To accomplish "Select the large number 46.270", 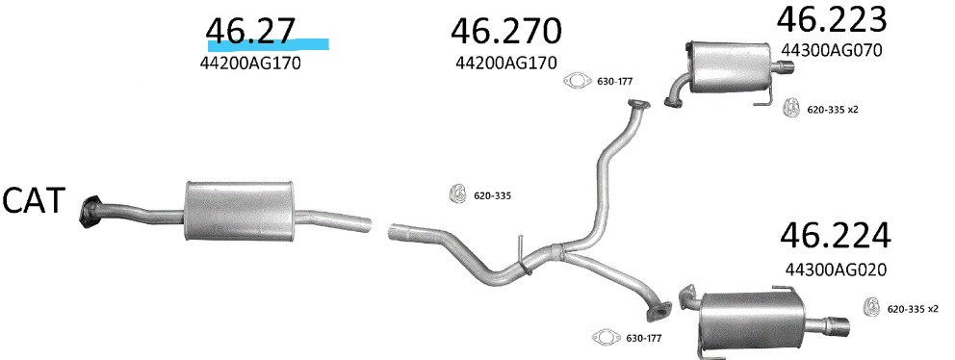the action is coord(505,32).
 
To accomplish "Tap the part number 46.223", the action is coord(832,19).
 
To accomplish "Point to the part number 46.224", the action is coord(835,235).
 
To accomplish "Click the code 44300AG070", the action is coord(832,51).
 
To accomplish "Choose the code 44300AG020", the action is coord(835,269).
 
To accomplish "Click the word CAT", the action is coord(34,200).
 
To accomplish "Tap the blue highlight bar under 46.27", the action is coord(268,44).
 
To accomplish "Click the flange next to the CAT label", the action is coord(90,213).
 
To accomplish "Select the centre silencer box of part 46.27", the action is coord(239,210).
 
